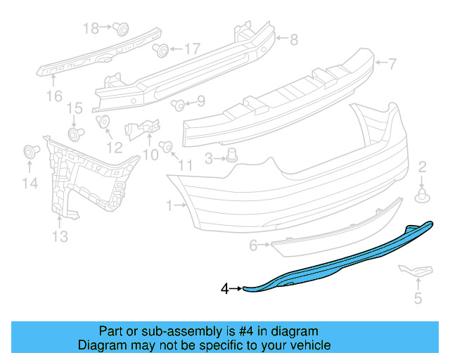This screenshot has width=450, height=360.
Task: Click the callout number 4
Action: click(x=225, y=288)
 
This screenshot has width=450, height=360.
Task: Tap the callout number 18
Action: click(x=91, y=28)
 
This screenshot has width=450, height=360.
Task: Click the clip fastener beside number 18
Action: click(x=121, y=29)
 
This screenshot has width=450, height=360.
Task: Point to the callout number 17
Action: click(x=192, y=49)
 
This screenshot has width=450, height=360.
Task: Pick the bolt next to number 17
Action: click(x=161, y=50)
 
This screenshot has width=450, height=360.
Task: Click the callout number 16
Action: click(x=54, y=95)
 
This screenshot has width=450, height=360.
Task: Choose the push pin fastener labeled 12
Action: click(x=103, y=122)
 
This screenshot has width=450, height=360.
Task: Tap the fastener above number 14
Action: click(x=30, y=150)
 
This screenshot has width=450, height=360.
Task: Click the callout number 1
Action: click(x=169, y=206)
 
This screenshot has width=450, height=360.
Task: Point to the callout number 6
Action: click(x=253, y=245)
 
